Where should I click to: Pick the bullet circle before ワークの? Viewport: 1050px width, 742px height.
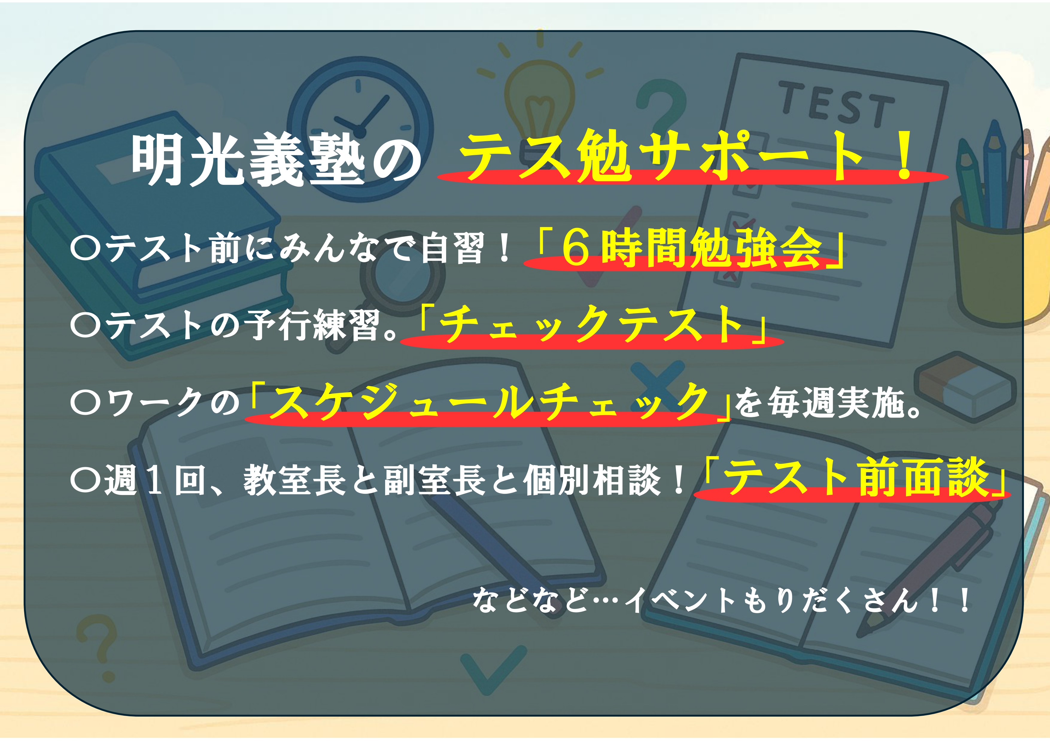(x=86, y=402)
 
